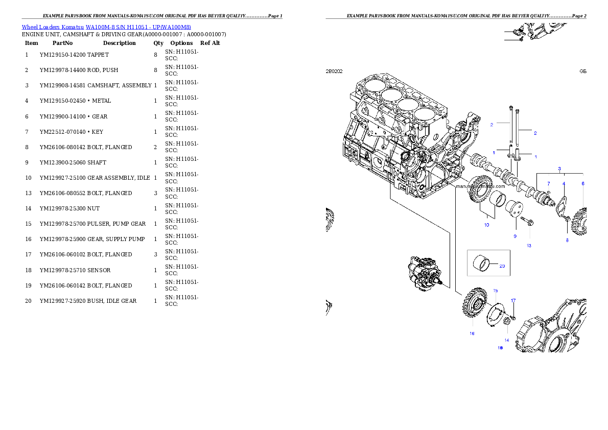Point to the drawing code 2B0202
point(334,71)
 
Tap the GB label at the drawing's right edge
point(582,71)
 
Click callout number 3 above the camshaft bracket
point(559,169)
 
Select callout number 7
point(549,183)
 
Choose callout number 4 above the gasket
point(564,183)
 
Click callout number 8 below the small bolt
point(567,240)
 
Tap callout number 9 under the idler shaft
point(515,236)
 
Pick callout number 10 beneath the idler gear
point(486,225)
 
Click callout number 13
point(529,246)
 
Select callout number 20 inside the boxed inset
point(502,266)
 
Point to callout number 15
point(495,291)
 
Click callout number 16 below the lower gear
point(472,333)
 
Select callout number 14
point(507,340)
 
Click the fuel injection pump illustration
point(424,275)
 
